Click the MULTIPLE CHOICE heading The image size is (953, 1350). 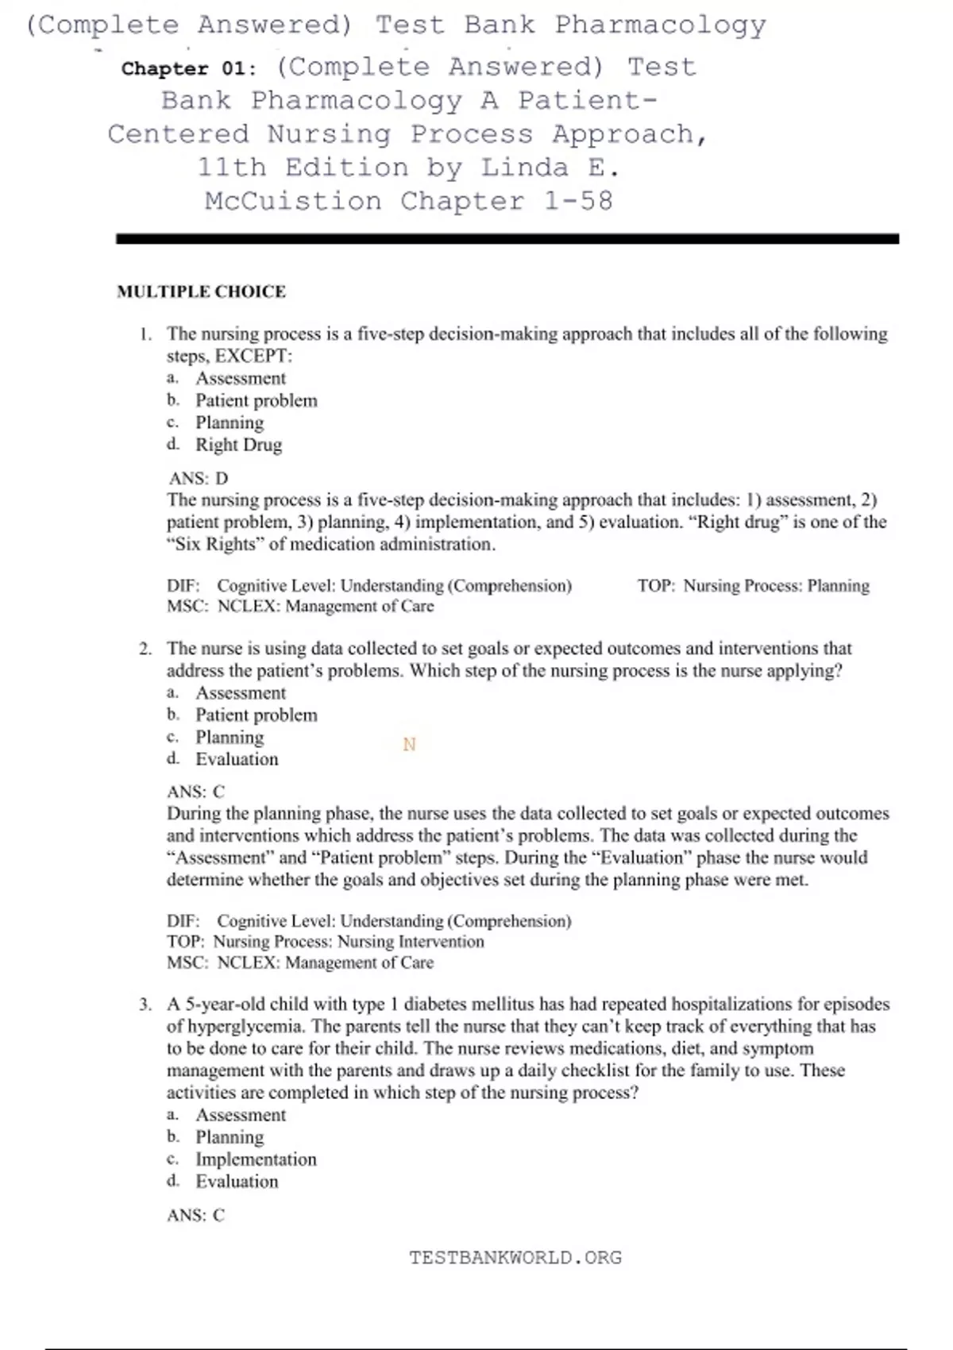click(x=201, y=291)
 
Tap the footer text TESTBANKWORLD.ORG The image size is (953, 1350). click(x=515, y=1257)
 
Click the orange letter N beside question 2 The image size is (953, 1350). click(x=409, y=744)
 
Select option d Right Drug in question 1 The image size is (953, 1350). click(x=238, y=445)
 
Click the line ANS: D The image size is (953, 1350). click(x=198, y=478)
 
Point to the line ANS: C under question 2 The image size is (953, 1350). click(x=195, y=792)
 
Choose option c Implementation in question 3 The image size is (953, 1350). click(x=255, y=1159)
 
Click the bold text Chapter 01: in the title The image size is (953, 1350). click(x=189, y=69)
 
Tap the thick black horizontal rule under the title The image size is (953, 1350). click(x=507, y=238)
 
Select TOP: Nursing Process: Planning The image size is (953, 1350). click(x=753, y=586)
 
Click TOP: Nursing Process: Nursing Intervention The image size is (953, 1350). click(x=325, y=942)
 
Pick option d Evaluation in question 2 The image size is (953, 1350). click(x=237, y=759)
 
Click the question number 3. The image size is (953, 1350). click(x=145, y=1005)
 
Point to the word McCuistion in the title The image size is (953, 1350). click(x=293, y=201)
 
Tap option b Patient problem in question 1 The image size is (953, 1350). click(x=256, y=400)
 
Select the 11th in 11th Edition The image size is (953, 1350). click(x=231, y=168)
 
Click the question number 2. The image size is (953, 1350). click(x=145, y=649)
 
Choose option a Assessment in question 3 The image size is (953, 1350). click(x=240, y=1115)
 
